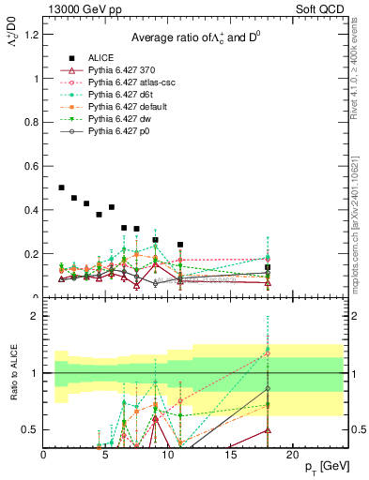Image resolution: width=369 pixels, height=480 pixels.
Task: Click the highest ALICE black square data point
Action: click(x=62, y=187)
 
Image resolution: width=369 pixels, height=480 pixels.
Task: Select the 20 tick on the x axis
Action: click(x=292, y=455)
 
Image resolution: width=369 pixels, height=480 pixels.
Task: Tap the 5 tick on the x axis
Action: click(x=106, y=455)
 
